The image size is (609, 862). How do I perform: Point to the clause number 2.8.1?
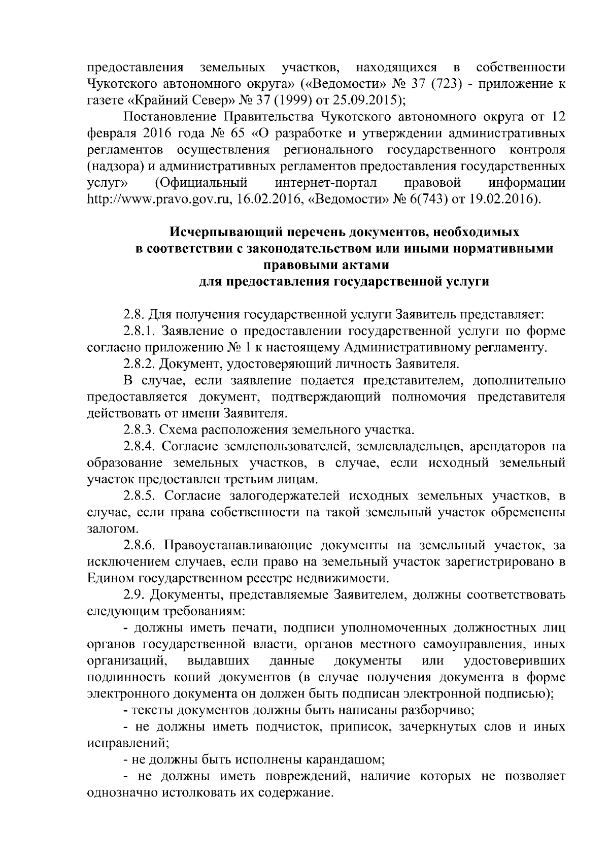tap(142, 331)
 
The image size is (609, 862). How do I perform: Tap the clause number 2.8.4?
tap(142, 447)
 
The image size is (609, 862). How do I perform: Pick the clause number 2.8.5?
tap(142, 496)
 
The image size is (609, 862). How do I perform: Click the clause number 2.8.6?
tap(142, 546)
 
